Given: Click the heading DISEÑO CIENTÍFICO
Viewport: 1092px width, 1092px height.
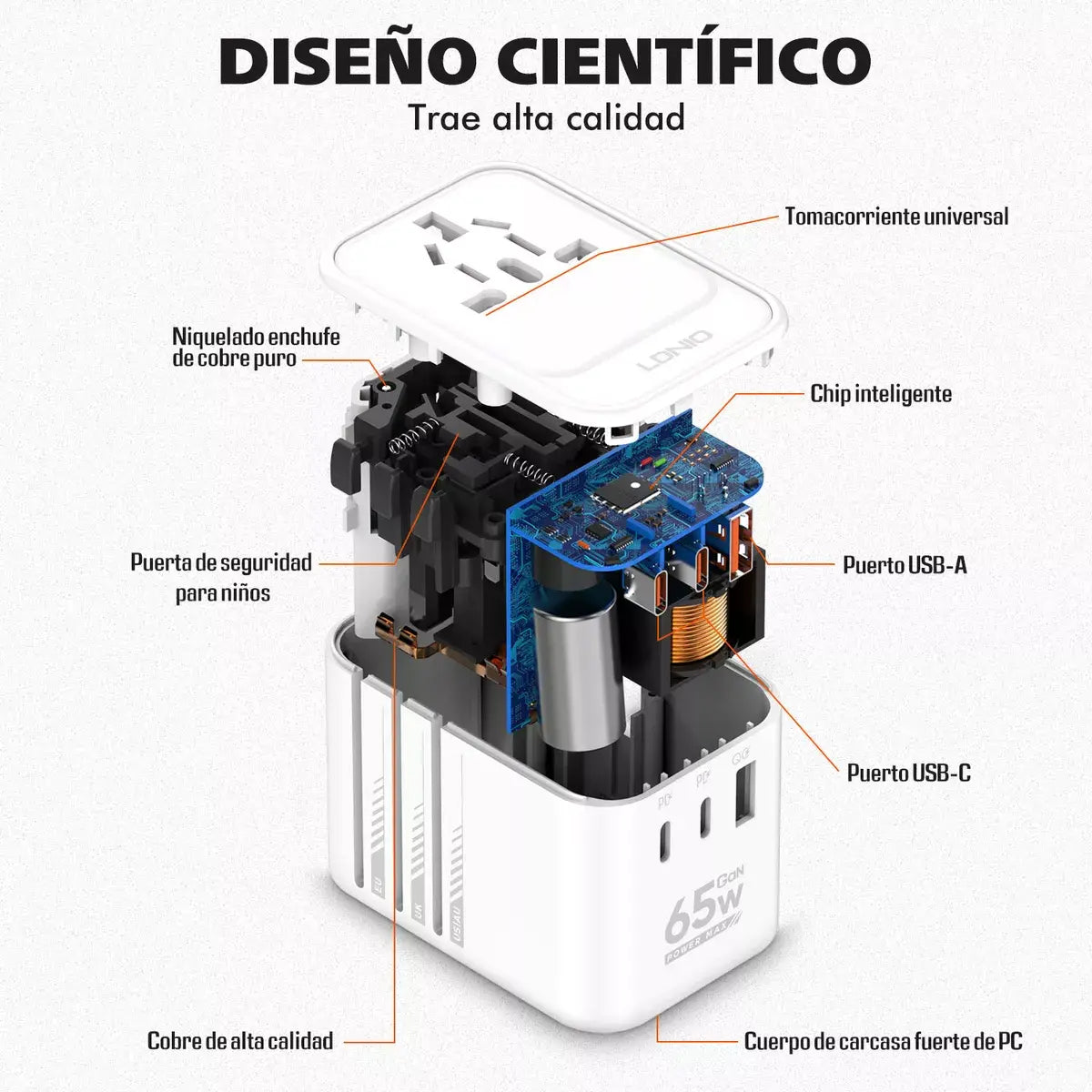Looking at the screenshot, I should pos(544,62).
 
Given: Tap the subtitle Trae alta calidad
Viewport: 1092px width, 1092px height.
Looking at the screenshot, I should pos(546,118).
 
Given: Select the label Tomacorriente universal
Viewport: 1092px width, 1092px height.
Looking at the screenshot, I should pos(896,217).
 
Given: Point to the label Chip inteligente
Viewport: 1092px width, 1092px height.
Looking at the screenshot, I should pos(881,394).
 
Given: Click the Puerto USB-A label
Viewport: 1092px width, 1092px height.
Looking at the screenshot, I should pos(905,565).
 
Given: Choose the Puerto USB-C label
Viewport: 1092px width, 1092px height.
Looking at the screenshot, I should pos(908,773).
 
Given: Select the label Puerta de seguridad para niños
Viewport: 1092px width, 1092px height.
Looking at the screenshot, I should pos(221,578).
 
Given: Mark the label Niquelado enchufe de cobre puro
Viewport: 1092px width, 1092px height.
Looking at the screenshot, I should pos(256,348).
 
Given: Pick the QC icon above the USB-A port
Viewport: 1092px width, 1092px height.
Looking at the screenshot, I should pos(740,757).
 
